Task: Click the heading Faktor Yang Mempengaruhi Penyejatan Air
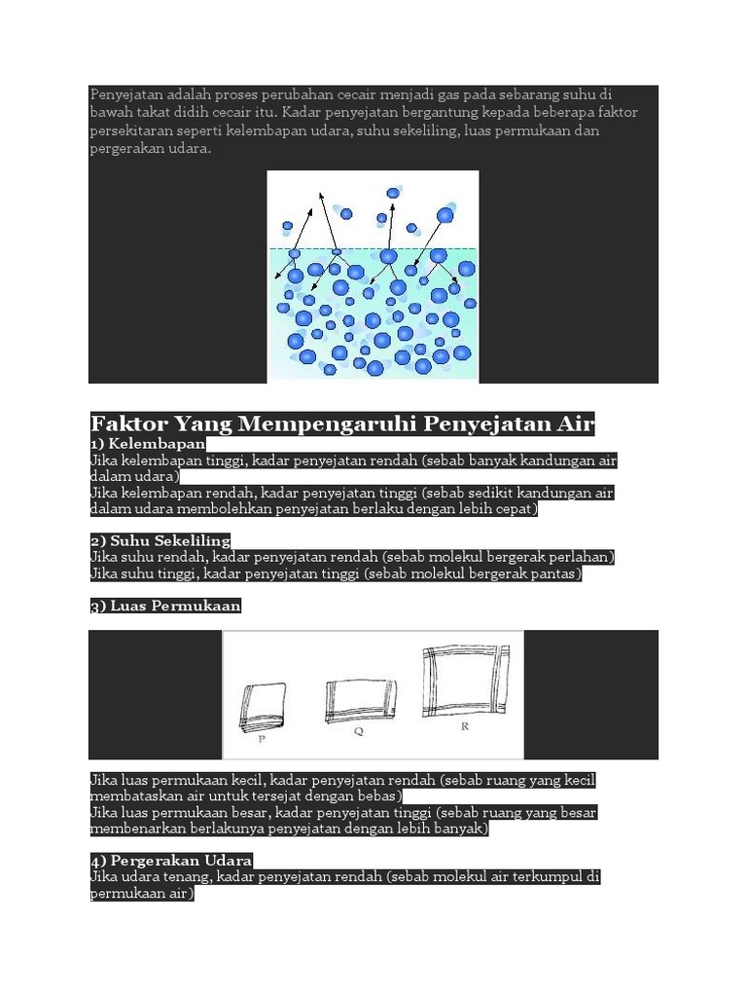342,425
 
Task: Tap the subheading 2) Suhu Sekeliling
160,539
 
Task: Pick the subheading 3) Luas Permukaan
165,606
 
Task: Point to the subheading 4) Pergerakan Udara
171,861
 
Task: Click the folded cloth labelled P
264,707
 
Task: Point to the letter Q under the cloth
358,733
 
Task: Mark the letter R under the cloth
465,725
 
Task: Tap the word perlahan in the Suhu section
582,557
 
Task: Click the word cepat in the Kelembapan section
513,509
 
